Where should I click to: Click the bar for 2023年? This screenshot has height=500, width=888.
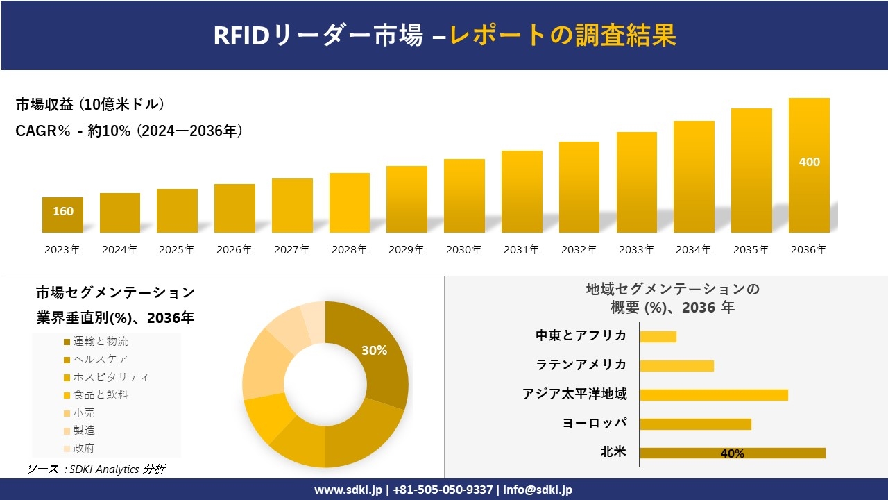tap(62, 215)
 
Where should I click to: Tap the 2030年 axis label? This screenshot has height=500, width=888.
tap(463, 250)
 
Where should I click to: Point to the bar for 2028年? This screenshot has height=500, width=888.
tap(349, 203)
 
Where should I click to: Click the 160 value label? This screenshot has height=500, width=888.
tap(62, 211)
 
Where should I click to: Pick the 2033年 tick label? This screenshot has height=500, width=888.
tap(635, 250)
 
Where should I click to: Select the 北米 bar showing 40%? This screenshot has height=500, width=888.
tap(732, 453)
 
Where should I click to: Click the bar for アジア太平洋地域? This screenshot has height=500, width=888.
tap(713, 394)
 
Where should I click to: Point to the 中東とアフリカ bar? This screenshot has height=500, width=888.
tap(658, 336)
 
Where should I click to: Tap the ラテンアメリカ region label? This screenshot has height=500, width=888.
tap(581, 365)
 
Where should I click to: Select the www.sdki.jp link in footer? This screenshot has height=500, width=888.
tap(348, 490)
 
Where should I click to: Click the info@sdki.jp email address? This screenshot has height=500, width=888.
tap(538, 490)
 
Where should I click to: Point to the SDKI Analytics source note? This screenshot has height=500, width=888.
tap(96, 469)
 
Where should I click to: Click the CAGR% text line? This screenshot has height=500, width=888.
tap(129, 131)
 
